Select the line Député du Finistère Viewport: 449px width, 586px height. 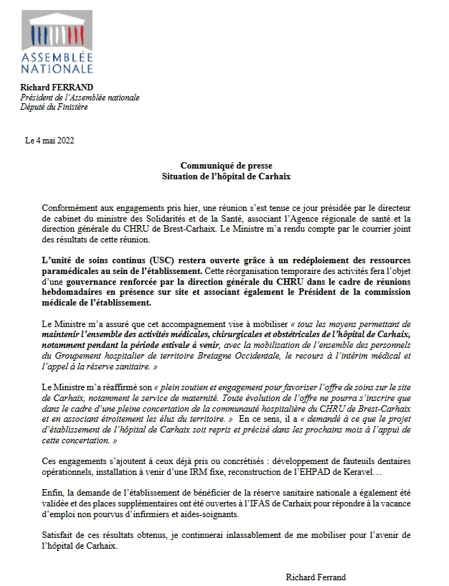click(54, 107)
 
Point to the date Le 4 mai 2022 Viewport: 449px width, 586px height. click(49, 140)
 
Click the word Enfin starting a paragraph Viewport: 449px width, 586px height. click(52, 494)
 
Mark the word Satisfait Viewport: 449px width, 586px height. click(57, 536)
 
